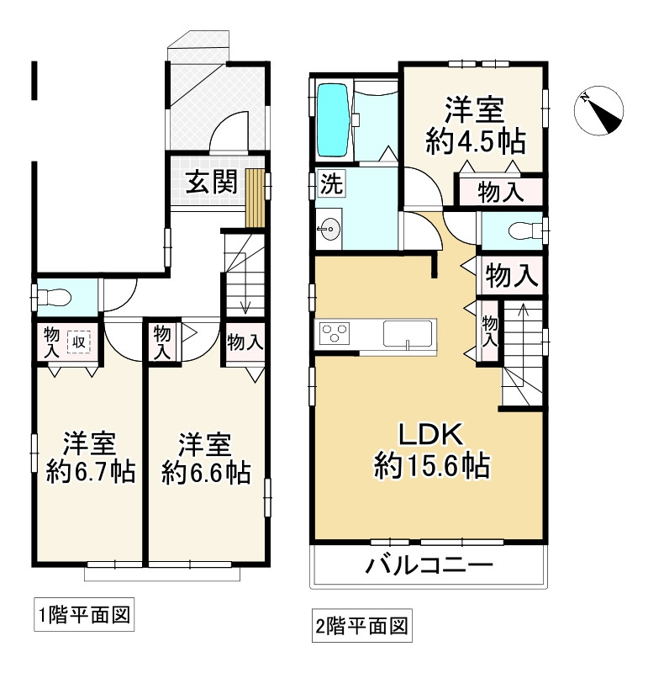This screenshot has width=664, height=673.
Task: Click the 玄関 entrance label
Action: coord(211,182)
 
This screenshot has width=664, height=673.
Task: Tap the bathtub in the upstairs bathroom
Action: coord(333,120)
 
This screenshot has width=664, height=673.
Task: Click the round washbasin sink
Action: coord(329,229)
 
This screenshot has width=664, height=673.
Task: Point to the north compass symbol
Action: coord(598,111)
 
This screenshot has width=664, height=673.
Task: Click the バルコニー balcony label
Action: coord(429,565)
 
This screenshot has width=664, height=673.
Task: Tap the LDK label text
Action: coord(430,435)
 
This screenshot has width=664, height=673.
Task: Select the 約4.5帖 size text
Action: coord(475,142)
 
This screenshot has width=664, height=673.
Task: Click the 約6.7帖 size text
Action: coord(91,471)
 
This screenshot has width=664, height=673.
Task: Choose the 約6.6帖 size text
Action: coord(206,472)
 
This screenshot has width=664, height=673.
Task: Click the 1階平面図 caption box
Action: coord(84,615)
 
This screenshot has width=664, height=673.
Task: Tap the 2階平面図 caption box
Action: coord(362,626)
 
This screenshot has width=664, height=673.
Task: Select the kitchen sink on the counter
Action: coord(407,333)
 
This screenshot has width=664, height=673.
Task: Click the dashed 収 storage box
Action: coord(79,342)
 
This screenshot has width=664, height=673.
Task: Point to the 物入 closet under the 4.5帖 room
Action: coord(501,192)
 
